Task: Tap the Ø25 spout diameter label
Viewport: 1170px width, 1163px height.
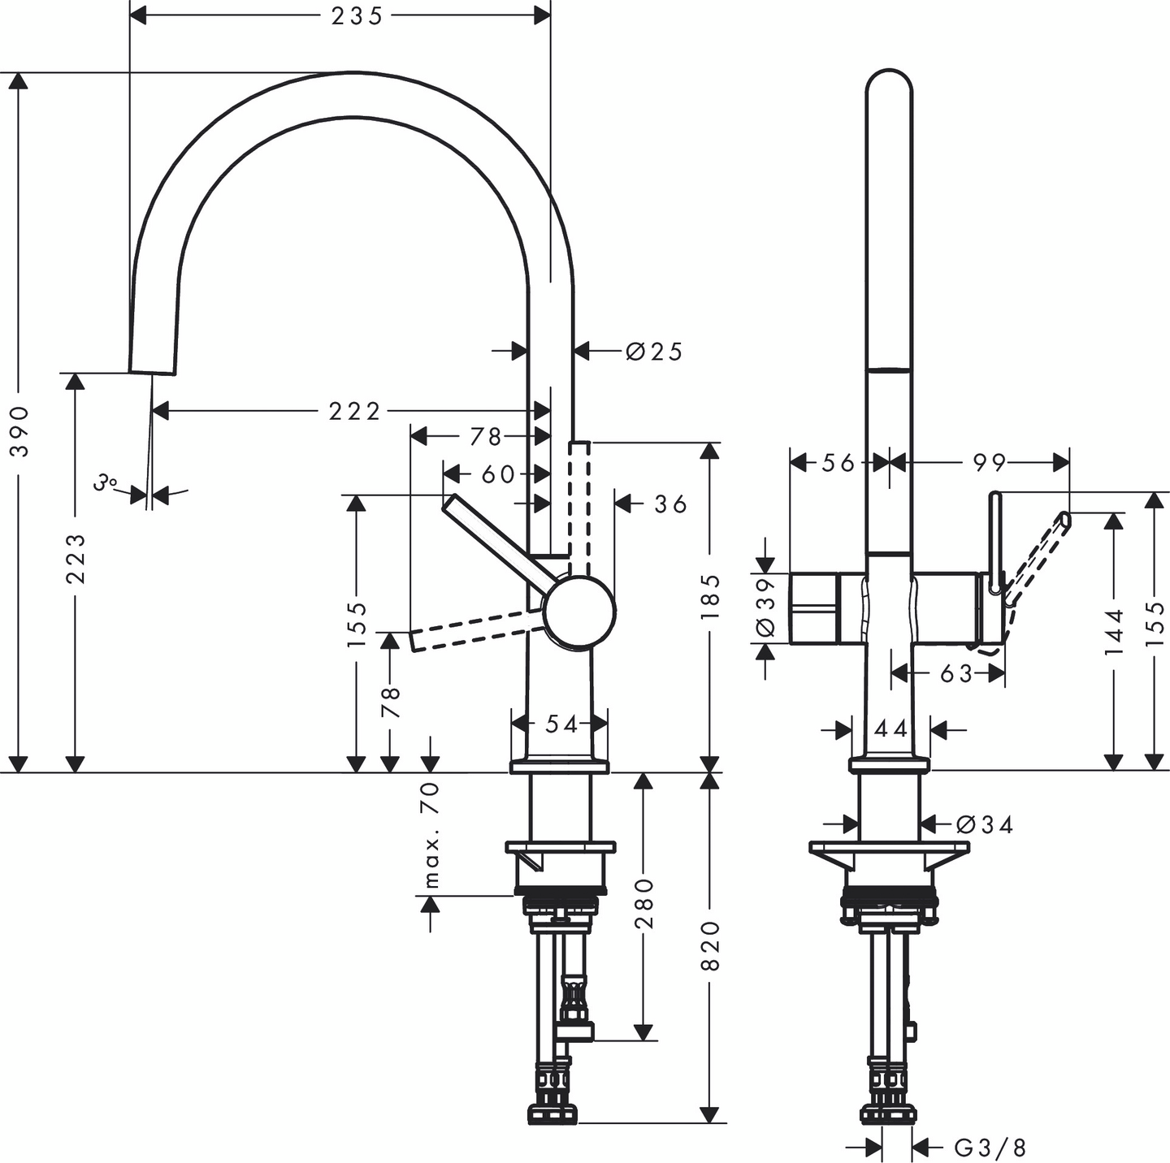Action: coord(655,352)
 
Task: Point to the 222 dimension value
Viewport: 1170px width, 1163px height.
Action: coord(354,412)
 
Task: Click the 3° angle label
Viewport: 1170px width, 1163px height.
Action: coord(104,483)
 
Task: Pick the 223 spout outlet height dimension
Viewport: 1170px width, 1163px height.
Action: coord(76,558)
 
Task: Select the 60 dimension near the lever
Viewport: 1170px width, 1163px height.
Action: coord(497,474)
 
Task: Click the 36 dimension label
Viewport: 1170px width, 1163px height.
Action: coord(671,504)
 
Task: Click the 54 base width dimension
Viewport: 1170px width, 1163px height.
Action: coord(561,724)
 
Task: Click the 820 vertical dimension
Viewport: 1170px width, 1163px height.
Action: coord(710,945)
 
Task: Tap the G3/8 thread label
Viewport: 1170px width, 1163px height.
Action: coord(990,1148)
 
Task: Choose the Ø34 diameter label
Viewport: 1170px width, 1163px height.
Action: coord(985,825)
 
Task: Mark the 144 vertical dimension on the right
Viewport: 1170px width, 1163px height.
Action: coord(1114,631)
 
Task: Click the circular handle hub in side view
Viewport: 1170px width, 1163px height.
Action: coord(579,611)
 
